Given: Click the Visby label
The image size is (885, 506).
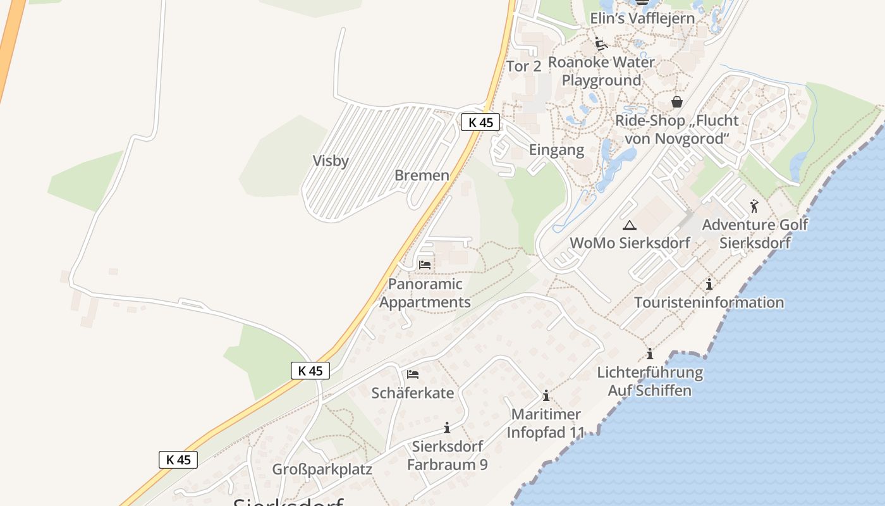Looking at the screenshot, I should click(331, 161).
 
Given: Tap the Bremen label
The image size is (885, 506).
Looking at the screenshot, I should click(422, 175).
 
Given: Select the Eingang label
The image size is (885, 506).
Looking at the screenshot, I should click(556, 150).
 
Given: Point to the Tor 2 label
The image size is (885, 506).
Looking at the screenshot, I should click(524, 66).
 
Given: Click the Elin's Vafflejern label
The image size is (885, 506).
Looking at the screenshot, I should click(642, 18).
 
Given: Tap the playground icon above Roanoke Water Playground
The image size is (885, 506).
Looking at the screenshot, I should click(601, 44).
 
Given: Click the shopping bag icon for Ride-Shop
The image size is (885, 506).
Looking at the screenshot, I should click(677, 102).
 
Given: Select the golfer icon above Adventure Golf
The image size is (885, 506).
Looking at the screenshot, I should click(754, 206).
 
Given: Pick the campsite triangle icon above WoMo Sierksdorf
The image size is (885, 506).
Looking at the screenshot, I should click(629, 225).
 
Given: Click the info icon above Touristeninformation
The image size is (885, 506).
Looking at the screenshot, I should click(709, 284).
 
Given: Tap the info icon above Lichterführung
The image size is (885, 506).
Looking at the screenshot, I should click(649, 354).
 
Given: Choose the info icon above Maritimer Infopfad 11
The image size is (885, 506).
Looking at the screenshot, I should click(546, 396).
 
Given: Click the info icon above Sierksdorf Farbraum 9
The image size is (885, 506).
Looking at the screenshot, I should click(447, 428).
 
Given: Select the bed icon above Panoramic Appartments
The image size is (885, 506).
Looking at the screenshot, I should click(425, 265).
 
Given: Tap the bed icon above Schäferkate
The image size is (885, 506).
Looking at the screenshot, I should click(413, 374).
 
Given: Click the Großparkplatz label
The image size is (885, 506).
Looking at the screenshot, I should click(322, 469).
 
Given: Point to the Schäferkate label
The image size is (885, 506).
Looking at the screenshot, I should click(412, 393).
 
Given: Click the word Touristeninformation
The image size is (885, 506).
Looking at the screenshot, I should click(709, 302).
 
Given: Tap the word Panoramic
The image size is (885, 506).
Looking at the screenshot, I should click(425, 284).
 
